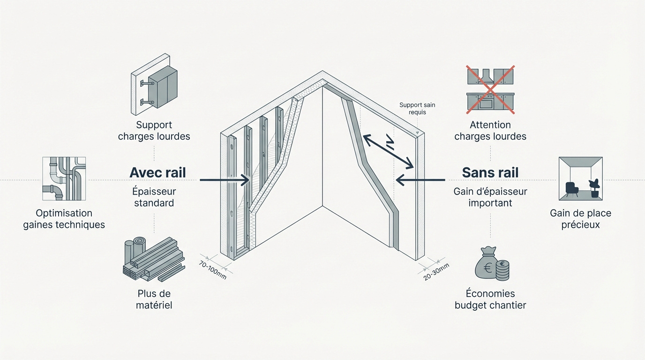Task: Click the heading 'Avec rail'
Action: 157,172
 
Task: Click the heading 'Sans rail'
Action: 490,172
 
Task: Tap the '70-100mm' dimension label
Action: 212,270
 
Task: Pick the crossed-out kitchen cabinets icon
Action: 490,90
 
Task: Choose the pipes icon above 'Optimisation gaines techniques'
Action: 64,179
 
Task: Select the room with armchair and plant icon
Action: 580,179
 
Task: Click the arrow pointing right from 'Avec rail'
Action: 225,180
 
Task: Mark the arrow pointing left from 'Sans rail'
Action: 420,180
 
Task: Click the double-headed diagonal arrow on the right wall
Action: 389,151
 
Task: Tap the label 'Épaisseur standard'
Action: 154,197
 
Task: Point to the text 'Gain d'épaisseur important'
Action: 490,197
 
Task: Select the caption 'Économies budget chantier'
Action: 490,300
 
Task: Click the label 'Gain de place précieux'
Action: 580,219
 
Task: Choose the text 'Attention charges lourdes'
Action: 490,131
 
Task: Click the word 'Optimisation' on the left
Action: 64,213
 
